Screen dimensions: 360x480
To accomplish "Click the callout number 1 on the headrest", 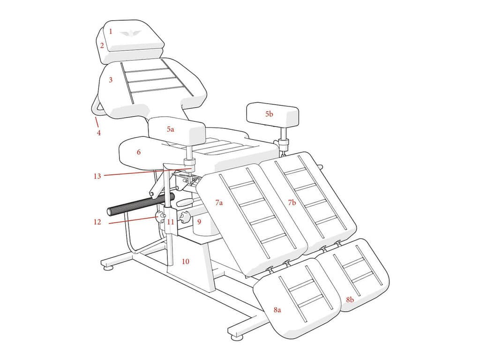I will coord(111,32).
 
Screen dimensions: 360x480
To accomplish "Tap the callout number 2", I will coord(102,46).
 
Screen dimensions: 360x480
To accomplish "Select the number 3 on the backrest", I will coord(111,80).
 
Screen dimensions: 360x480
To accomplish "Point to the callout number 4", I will coord(99,133).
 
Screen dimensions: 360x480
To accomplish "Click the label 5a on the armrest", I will coord(170,129).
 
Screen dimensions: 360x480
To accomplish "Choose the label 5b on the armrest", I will coord(269,114).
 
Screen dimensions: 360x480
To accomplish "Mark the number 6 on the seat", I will coord(139,152).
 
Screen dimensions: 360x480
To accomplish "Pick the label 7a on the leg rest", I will coord(219,203).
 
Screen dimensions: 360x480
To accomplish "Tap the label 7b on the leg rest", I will coord(292,203).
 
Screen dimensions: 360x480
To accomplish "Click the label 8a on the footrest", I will coord(277,310).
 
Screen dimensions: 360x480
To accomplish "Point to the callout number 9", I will coord(199,221).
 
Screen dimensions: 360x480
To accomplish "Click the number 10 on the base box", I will coord(186,261).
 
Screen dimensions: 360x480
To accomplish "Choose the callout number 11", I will coord(171,221).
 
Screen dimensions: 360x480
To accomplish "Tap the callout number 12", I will coord(97,222).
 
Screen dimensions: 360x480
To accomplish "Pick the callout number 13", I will coord(97,176).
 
